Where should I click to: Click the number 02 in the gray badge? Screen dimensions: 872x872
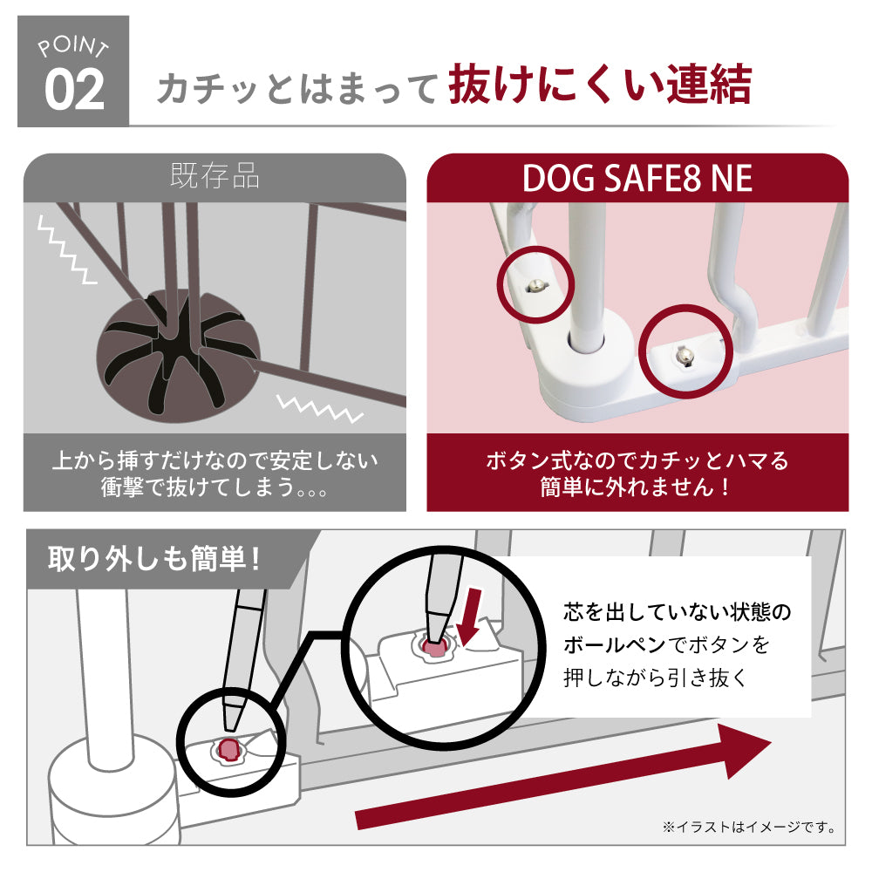coord(74,89)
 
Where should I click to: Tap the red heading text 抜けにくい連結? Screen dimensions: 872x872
coord(600,84)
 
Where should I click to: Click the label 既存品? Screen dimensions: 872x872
coord(215,176)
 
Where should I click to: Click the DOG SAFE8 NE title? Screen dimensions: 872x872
coord(637,178)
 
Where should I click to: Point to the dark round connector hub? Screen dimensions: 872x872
coord(179,356)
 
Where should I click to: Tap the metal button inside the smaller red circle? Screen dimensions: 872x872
coord(536,286)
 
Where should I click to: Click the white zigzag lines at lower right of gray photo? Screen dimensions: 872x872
coord(320,408)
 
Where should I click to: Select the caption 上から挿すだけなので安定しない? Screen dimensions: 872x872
coord(215,460)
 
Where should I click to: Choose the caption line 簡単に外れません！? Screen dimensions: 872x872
coord(637,487)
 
